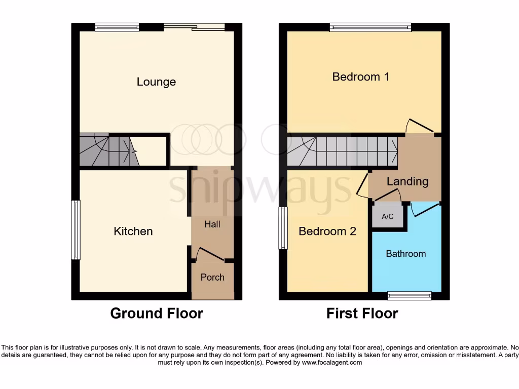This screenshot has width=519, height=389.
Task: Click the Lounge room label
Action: (x=156, y=82)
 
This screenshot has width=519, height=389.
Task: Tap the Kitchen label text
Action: (x=133, y=231)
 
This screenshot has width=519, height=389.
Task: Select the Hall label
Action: (x=212, y=224)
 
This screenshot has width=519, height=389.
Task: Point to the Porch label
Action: (x=212, y=277)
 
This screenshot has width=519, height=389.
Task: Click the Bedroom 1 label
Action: (x=360, y=76)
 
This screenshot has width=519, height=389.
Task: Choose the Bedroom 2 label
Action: (x=327, y=231)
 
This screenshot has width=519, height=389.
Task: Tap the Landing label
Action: (x=407, y=181)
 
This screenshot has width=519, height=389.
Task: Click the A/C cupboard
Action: (x=388, y=217)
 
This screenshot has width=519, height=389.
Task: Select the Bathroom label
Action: (x=405, y=253)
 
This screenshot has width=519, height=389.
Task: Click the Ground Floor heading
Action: (x=157, y=314)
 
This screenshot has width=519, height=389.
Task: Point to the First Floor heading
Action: (x=362, y=314)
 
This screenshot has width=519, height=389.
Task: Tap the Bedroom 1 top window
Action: (x=370, y=27)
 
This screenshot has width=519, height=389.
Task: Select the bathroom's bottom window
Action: (x=409, y=295)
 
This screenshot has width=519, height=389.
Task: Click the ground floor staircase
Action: (x=108, y=150)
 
